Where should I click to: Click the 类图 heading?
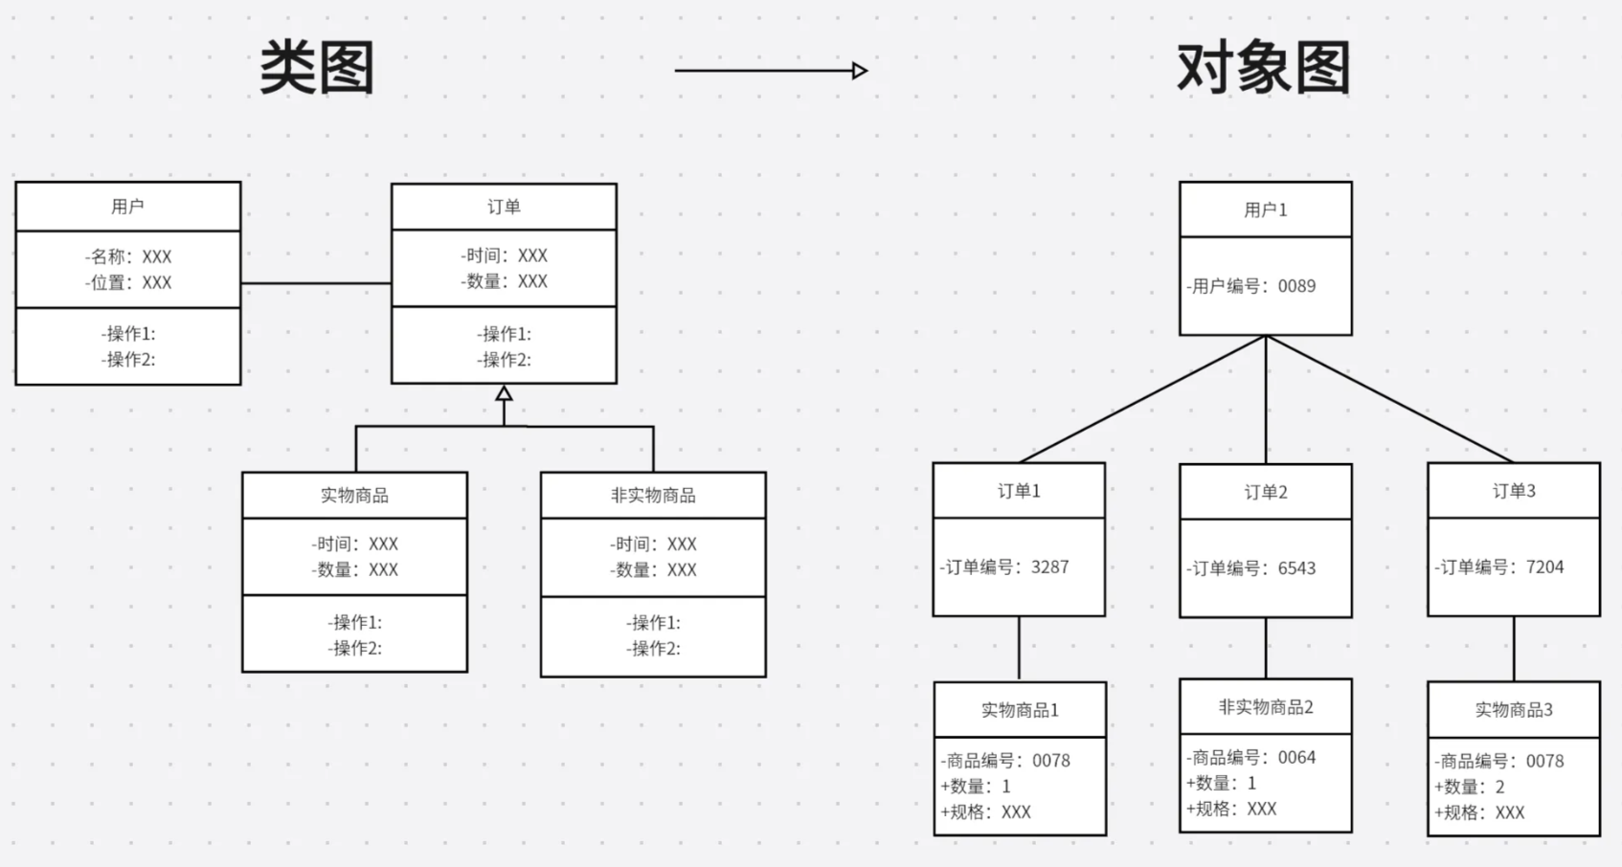point(317,68)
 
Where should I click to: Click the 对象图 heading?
point(1263,68)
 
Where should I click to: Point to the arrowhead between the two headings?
point(860,70)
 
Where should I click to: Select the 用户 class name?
point(127,207)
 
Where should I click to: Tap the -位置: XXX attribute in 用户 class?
point(128,282)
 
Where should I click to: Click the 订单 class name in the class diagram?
point(504,207)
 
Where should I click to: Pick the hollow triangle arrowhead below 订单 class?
point(504,393)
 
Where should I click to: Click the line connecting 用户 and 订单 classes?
point(316,283)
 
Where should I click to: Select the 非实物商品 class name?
point(653,496)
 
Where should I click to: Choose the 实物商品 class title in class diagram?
point(354,496)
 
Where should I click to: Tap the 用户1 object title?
point(1265,211)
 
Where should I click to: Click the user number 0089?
point(1296,286)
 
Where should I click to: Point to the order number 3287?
point(1049,567)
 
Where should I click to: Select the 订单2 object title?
point(1265,492)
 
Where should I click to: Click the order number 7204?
point(1544,567)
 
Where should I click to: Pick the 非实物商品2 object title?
point(1265,707)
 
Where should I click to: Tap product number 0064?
point(1296,757)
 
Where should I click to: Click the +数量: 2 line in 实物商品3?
point(1470,787)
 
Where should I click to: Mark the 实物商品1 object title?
point(1020,710)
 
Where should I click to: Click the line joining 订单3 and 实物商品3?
point(1514,649)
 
